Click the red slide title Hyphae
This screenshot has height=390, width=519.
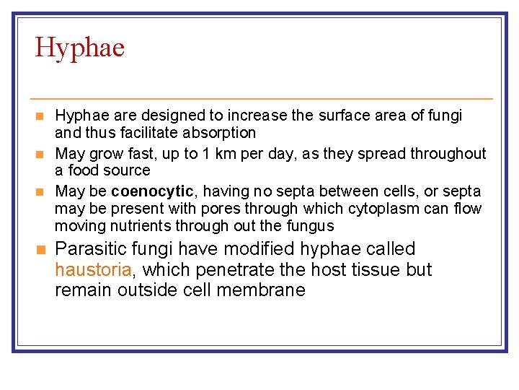click(x=80, y=48)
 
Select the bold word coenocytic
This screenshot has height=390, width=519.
click(x=153, y=191)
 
